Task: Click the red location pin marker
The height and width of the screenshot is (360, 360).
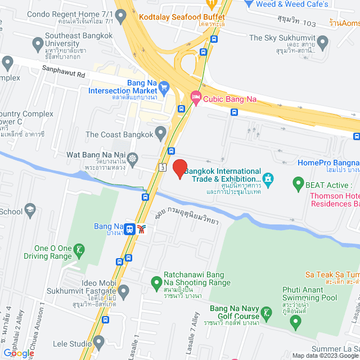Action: point(179,169)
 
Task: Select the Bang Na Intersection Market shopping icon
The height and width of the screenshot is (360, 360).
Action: point(164,87)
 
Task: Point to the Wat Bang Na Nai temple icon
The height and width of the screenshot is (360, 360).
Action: point(133,159)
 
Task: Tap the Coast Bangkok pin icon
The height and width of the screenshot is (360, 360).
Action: point(161,134)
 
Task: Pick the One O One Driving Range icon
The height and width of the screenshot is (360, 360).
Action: point(80,249)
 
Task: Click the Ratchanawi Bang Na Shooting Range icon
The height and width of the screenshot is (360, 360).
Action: point(157,281)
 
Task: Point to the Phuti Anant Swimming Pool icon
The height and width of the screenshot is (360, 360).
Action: point(296,322)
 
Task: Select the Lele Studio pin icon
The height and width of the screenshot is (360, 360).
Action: point(99,341)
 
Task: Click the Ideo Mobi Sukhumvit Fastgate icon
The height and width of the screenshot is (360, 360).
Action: point(123,291)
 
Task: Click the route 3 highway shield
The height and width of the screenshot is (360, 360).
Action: point(162,167)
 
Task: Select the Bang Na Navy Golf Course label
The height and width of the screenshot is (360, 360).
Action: point(235,312)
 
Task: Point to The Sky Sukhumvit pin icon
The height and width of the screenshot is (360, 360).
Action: point(322,42)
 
